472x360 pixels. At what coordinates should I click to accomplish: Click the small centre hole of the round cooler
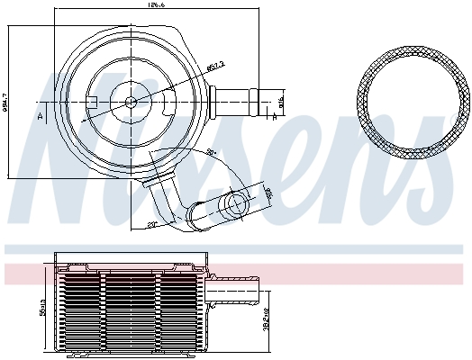132,102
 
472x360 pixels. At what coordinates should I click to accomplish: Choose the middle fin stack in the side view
132,310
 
